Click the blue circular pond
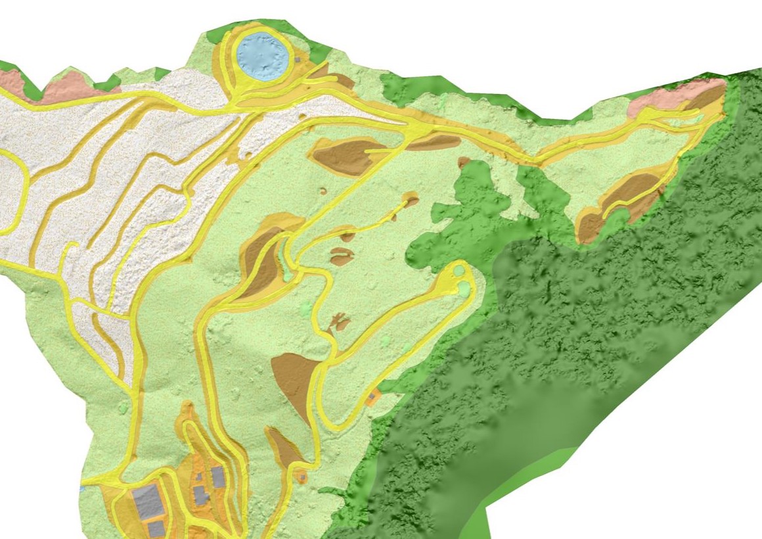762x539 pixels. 262,55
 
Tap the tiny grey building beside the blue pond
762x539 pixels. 297,59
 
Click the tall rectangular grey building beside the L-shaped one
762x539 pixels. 218,477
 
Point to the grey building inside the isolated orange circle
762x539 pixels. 303,475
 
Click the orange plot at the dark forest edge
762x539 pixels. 374,396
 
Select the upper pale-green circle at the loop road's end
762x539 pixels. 458,270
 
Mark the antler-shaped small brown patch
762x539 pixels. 339,322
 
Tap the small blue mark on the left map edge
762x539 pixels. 82,489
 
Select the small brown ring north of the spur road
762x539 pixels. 324,191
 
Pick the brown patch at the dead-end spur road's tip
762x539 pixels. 412,199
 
